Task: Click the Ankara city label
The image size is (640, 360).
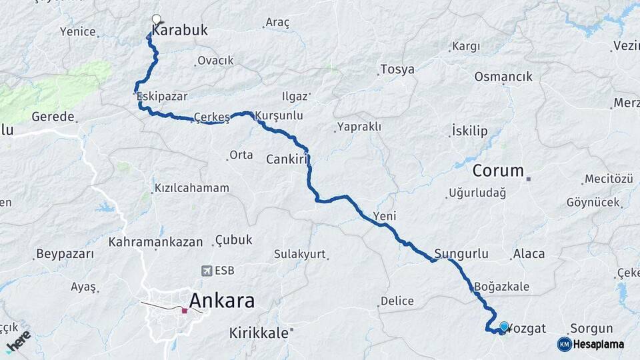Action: (x=222, y=301)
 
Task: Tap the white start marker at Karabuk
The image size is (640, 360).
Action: (x=157, y=19)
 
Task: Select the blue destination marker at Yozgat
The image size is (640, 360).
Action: (x=504, y=327)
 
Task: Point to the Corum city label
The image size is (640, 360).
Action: (x=498, y=171)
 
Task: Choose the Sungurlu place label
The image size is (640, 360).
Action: (x=461, y=253)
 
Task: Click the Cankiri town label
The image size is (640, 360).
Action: (x=289, y=159)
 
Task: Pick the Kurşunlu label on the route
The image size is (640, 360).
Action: (x=279, y=115)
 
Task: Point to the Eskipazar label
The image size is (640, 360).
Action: (x=161, y=97)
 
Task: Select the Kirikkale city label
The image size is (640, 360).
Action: (x=259, y=332)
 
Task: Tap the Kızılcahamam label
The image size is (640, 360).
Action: (x=191, y=188)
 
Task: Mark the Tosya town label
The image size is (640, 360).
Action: (x=397, y=69)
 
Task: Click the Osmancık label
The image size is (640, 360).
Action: (x=503, y=77)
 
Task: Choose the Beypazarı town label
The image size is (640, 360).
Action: (x=65, y=254)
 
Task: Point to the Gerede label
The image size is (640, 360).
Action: (x=53, y=117)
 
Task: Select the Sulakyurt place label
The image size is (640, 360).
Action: (x=299, y=254)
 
